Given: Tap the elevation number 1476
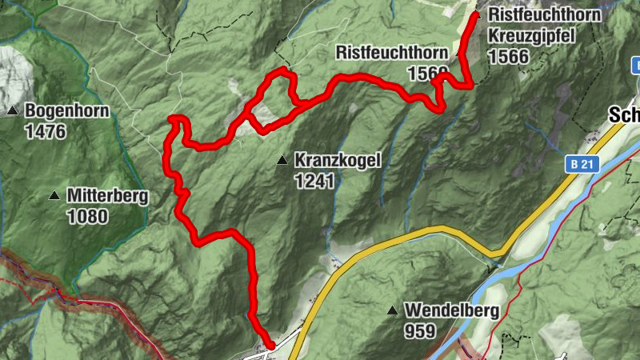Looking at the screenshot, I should point(45,131).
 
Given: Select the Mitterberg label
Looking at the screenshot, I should point(107,195).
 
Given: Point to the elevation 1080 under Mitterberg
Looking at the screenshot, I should point(88,216).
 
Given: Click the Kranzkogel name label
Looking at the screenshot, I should point(338,160).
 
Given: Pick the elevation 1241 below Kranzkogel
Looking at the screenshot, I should point(313,182).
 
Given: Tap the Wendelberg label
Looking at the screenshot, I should point(451,310).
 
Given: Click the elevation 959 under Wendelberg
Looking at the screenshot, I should point(419,331).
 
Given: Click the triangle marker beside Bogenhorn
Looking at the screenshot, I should point(13,110).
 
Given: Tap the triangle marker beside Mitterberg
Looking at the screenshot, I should point(54,195).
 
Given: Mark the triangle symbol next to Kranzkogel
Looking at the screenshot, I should point(282,161).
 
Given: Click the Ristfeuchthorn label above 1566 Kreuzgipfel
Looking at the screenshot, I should point(544,15).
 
